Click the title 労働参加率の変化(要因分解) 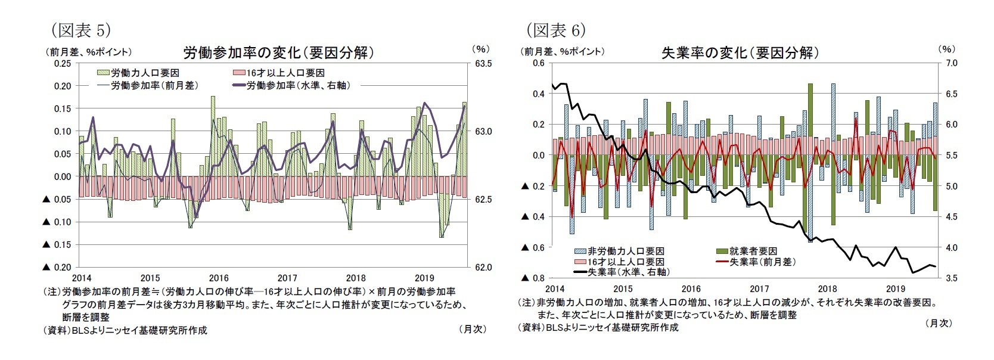click(x=278, y=52)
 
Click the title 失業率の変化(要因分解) click(x=740, y=52)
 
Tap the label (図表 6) click(x=555, y=29)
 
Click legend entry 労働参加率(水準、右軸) click(x=297, y=85)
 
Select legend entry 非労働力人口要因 click(x=626, y=252)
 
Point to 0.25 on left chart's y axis click(x=63, y=63)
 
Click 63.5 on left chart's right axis click(x=483, y=63)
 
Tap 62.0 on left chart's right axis click(x=483, y=268)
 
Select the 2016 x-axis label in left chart click(x=219, y=278)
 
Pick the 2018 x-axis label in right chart click(x=828, y=289)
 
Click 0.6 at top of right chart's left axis click(x=538, y=63)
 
